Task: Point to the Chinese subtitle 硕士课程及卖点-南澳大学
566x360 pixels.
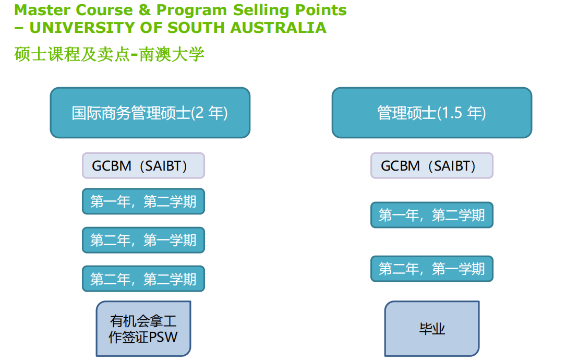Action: click(x=109, y=55)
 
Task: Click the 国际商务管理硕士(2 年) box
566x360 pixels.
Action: click(x=150, y=113)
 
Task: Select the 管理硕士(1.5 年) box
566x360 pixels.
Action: click(x=432, y=113)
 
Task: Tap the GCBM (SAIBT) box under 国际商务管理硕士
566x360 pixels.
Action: click(x=143, y=166)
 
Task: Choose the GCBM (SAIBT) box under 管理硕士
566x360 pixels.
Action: click(x=432, y=166)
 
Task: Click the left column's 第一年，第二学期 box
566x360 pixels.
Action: click(x=143, y=201)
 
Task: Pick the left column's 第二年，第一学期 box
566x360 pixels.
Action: click(x=143, y=240)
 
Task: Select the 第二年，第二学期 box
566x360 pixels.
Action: click(x=143, y=279)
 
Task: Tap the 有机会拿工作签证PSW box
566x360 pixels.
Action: click(x=143, y=329)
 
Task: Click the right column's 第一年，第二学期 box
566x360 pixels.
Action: click(x=432, y=215)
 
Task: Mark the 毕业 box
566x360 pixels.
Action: click(x=432, y=329)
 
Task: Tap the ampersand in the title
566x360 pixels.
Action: click(x=144, y=10)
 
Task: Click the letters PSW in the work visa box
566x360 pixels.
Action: click(x=163, y=337)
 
